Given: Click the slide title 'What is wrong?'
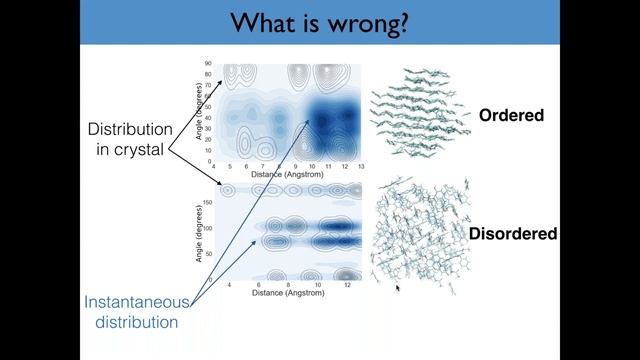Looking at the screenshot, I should click(319, 22).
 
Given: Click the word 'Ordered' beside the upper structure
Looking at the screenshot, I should click(511, 115).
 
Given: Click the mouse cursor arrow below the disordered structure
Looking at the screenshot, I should click(398, 289).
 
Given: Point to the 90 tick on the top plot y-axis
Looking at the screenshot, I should click(207, 63).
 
